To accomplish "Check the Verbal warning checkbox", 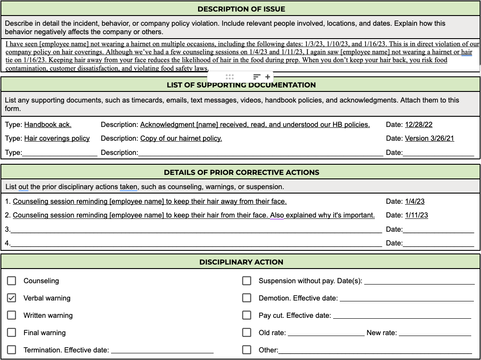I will pos(12,298).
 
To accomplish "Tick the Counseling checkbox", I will pos(12,281).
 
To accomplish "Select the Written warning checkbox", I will pos(12,315).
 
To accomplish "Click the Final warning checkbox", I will pos(12,332).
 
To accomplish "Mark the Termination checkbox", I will pos(12,350).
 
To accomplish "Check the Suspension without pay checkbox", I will pos(246,281).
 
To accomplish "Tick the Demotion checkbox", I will pos(246,298).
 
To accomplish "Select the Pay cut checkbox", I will pos(246,315).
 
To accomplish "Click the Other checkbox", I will pos(246,350).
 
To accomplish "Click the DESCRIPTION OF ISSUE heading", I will pos(241,9).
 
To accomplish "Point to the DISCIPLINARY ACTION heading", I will pos(241,262).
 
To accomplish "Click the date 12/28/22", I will pos(418,125).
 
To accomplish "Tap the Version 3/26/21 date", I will pos(429,138).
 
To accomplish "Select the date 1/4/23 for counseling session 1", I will pos(415,202).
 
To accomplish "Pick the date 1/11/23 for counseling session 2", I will pos(417,215).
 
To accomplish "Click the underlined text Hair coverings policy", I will pos(57,138).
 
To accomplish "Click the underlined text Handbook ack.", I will pos(48,125).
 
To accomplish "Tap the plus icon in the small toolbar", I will pos(267,77).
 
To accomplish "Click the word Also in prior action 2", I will pos(277,215).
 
